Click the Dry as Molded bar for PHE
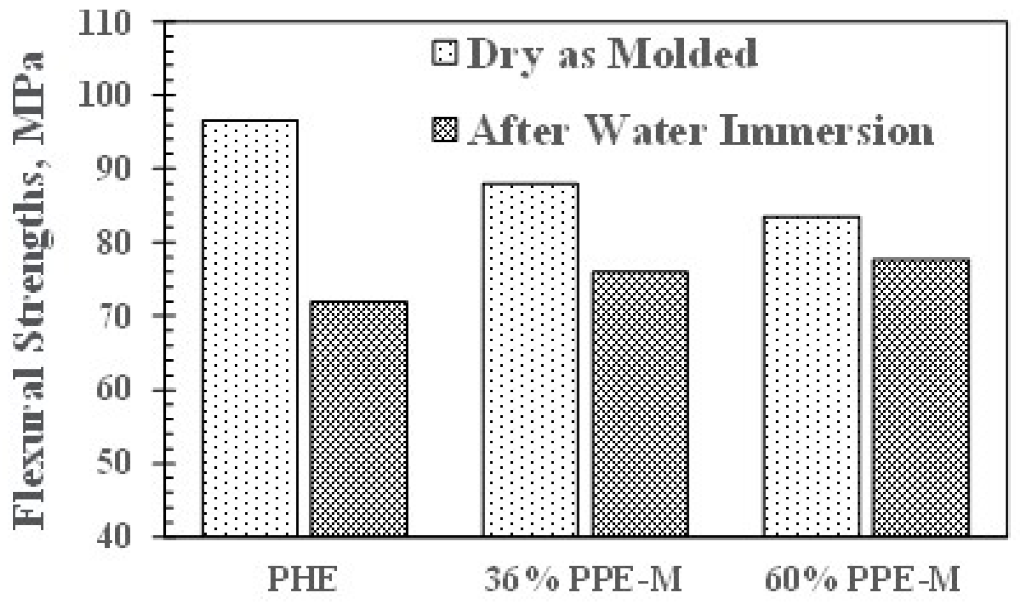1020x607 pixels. pyautogui.click(x=250, y=329)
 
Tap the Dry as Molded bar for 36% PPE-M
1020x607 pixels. pyautogui.click(x=531, y=360)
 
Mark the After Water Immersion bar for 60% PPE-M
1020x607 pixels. pyautogui.click(x=921, y=398)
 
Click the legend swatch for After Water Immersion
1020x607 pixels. pyautogui.click(x=445, y=130)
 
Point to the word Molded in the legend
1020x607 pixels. pyautogui.click(x=684, y=53)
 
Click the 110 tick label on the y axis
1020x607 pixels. pyautogui.click(x=105, y=23)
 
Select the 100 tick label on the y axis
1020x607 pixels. pyautogui.click(x=105, y=96)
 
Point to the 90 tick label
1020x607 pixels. pyautogui.click(x=113, y=169)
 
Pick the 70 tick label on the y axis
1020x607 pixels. pyautogui.click(x=113, y=317)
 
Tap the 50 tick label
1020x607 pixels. pyautogui.click(x=113, y=464)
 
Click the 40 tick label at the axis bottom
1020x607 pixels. pyautogui.click(x=113, y=537)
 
